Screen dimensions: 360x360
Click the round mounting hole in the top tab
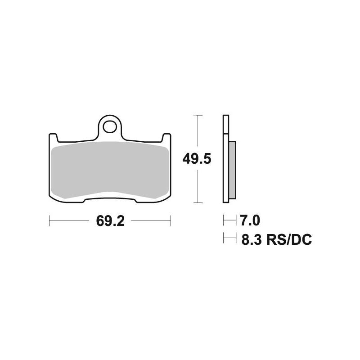coord(109,127)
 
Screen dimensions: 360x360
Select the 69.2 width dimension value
coord(110,221)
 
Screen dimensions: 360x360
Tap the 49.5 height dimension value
coord(197,159)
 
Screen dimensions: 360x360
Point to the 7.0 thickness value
coord(250,221)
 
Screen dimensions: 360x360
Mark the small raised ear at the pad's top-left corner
coord(52,136)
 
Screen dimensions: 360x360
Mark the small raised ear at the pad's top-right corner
coord(166,136)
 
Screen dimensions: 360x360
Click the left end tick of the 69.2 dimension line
coord(49,221)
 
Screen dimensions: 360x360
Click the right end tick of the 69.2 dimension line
coord(171,221)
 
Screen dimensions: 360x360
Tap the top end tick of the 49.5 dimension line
coord(197,115)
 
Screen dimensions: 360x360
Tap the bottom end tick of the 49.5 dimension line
coord(197,202)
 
